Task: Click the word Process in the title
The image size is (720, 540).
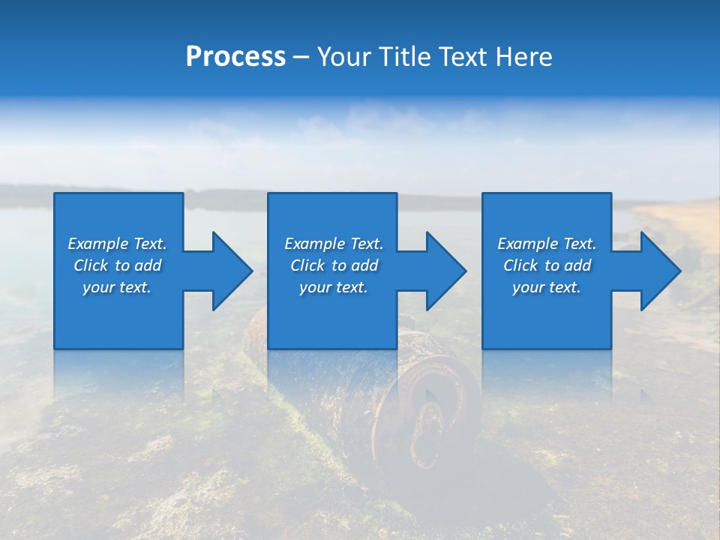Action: (235, 57)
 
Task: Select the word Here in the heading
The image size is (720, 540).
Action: (523, 57)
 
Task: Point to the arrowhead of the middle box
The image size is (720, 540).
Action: (445, 271)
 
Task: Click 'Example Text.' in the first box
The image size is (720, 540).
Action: (117, 244)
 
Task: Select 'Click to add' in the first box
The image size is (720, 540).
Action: (117, 265)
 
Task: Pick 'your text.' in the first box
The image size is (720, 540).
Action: (117, 287)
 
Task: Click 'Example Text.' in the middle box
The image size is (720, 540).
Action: (334, 244)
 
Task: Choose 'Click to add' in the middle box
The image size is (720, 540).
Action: (334, 265)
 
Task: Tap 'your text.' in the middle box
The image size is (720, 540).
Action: (334, 287)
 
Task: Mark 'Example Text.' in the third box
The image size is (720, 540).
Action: (547, 244)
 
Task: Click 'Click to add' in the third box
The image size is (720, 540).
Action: (547, 265)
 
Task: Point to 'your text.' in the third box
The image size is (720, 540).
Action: (547, 287)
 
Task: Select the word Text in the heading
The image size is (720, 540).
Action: (462, 57)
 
